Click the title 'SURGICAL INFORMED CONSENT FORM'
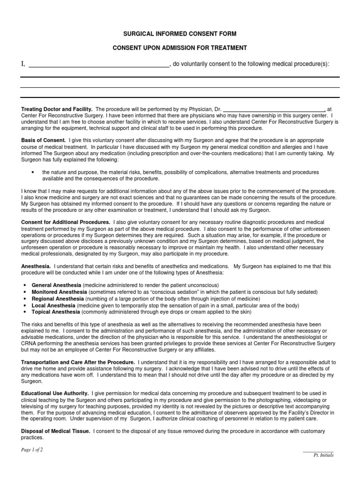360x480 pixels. [180, 34]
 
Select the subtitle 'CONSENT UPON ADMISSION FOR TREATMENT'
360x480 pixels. [180, 48]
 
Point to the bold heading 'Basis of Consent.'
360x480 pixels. [44, 140]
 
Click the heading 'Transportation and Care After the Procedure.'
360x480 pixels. [78, 362]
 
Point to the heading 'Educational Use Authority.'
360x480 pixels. [55, 393]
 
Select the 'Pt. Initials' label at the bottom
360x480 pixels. [323, 455]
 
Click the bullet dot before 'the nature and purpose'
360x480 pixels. [33, 172]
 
